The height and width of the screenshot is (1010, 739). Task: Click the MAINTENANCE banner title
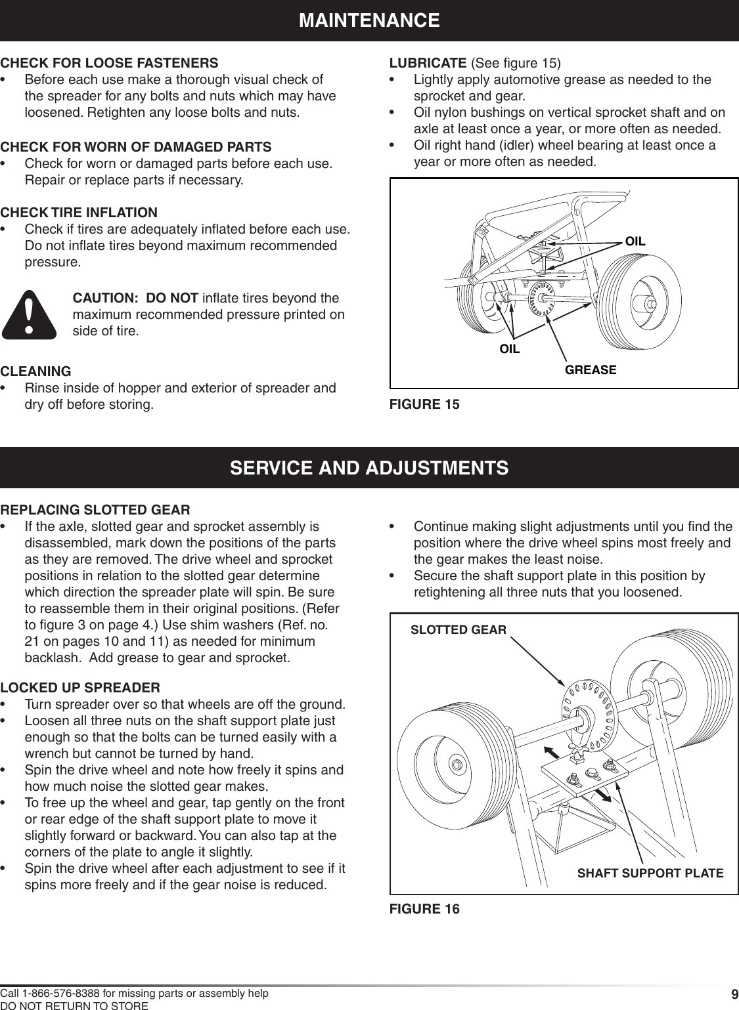coord(369,20)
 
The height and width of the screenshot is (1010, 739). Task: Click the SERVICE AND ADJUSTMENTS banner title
coord(369,468)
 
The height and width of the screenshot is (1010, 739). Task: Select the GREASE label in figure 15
coord(591,370)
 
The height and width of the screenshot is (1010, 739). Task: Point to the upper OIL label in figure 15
coord(635,242)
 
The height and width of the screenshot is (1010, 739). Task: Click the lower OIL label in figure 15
coord(510,349)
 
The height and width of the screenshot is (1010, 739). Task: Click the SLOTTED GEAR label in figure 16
coord(459,630)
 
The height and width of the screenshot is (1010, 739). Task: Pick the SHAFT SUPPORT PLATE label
coord(650,873)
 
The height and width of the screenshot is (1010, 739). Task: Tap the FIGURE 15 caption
coord(425,404)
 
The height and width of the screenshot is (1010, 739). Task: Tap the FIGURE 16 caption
coord(425,909)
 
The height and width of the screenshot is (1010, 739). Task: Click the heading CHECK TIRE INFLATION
coord(79,213)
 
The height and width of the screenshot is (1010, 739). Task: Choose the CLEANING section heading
coord(36,371)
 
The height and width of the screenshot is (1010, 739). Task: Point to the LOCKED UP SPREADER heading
coord(80,688)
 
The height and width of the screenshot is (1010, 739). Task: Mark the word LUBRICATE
coord(429,64)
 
